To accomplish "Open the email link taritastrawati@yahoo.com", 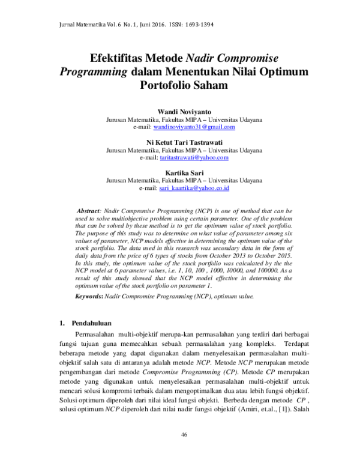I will point(194,157).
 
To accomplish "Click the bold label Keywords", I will point(88,297).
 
